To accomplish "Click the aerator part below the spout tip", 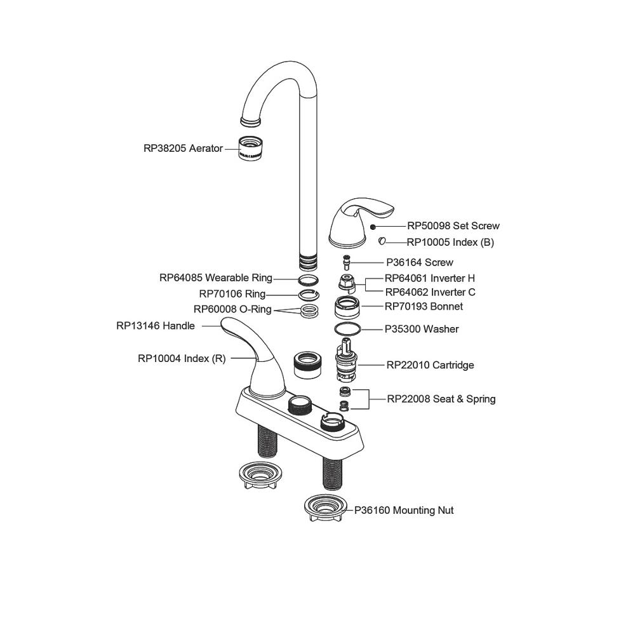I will coord(253,149).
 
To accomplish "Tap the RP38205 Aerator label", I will coord(183,149).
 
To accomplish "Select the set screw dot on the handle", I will coord(373,226).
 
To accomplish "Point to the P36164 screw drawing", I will coord(347,261).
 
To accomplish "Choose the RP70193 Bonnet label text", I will coord(424,307).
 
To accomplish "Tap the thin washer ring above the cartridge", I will coord(347,328).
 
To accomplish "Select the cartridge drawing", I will coord(347,361).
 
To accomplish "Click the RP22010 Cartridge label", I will coord(430,365).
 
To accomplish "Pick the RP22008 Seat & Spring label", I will coord(441,399).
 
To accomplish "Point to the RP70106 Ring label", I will coord(232,294).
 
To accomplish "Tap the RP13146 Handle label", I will coord(156,326).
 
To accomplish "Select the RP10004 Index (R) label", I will coord(182,358).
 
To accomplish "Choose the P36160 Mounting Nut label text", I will coord(404,511).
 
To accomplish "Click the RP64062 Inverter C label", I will coord(430,293).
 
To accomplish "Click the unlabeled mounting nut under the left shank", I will coord(259,473).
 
